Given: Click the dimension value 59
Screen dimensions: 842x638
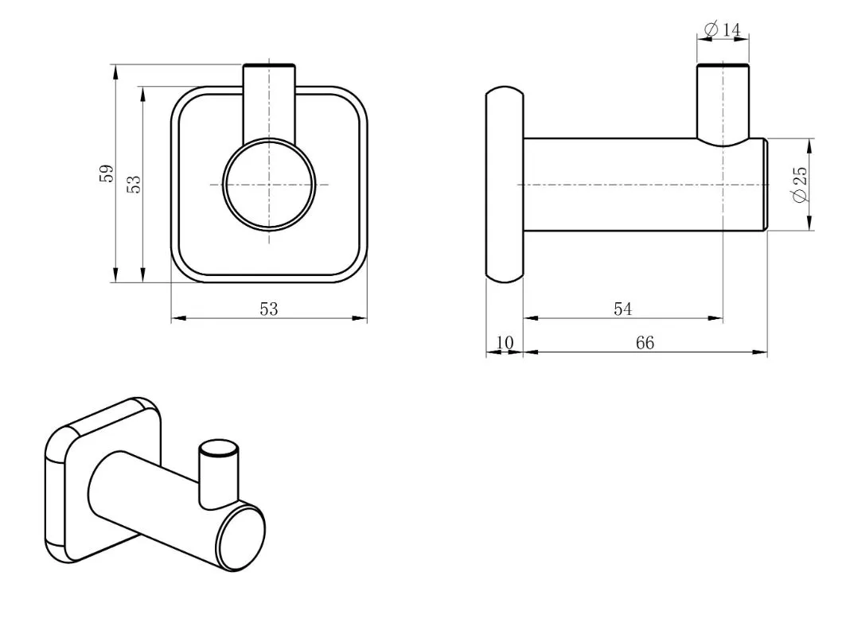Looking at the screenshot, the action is (x=107, y=173).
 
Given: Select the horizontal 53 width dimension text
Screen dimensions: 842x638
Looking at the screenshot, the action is (x=269, y=309).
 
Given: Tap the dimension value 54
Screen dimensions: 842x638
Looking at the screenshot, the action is (x=623, y=309).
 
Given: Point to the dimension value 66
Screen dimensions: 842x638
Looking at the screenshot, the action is (x=645, y=343).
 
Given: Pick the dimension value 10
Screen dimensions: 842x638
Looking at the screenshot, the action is (x=505, y=342).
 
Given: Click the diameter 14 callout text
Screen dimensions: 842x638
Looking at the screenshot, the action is (x=722, y=29).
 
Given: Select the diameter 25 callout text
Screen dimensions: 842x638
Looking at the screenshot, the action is (x=800, y=185).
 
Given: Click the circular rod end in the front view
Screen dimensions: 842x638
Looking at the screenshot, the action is (x=268, y=184).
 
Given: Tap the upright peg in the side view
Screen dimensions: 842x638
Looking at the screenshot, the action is (x=723, y=104).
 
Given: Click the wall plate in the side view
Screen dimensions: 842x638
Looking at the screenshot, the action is (x=505, y=184).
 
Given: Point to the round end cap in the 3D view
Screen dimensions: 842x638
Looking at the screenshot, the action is (x=241, y=539).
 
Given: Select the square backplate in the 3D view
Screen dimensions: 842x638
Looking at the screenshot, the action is (x=102, y=479).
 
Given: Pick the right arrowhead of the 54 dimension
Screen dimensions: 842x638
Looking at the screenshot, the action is (x=715, y=318).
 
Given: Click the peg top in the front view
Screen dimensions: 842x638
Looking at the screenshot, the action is (x=268, y=66).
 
